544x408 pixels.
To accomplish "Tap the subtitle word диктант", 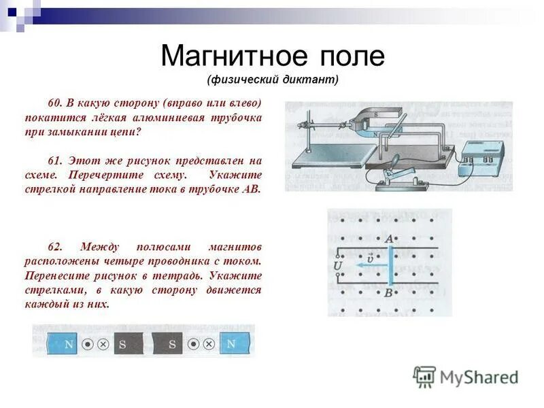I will [310, 80].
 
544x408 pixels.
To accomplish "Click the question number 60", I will [54, 103].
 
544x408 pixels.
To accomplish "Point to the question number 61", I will [54, 161].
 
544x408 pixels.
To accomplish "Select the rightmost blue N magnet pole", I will [231, 344].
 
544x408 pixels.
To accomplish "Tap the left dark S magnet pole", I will [124, 344].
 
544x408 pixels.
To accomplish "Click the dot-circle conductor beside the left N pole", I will [88, 344].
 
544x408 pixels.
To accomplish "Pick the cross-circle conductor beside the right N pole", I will [209, 344].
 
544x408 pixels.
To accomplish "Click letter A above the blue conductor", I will [389, 239].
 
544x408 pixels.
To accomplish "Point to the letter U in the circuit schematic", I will [338, 265].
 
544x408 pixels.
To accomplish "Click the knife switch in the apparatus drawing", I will [395, 174].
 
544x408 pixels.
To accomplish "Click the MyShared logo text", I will [478, 377].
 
